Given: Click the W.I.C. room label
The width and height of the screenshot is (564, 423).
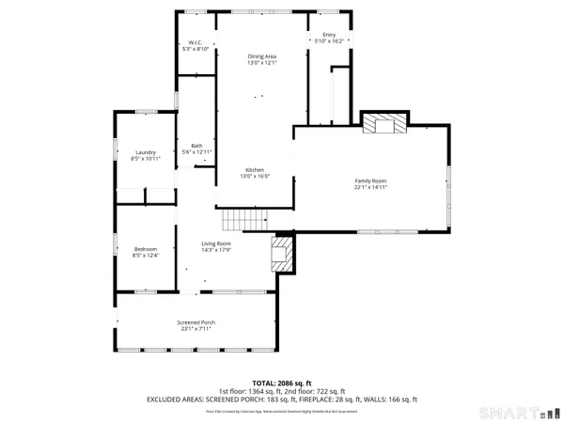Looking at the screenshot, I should (x=196, y=42).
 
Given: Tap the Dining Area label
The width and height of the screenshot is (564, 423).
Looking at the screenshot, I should (x=261, y=55).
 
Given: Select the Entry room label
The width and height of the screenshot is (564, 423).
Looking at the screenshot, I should (x=328, y=35).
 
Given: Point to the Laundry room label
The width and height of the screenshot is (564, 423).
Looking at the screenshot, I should (x=145, y=152).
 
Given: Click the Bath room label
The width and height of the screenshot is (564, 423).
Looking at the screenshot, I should (x=196, y=145).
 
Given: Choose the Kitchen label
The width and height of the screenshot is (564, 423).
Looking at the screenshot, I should (x=256, y=169).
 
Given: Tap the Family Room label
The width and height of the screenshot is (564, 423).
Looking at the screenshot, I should (x=370, y=180).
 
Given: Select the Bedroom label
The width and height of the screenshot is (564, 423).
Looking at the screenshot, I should (x=145, y=248).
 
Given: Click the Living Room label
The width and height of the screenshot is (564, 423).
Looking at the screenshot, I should (x=216, y=243).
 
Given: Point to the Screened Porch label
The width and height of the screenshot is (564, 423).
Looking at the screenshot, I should (x=196, y=322).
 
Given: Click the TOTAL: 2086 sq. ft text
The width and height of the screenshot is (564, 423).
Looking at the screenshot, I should (x=282, y=384).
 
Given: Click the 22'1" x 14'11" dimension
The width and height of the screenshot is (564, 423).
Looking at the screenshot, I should (x=370, y=187).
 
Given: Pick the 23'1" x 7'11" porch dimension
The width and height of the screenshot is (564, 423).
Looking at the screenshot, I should (x=196, y=329).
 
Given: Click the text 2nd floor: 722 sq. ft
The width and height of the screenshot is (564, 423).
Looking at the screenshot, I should (x=314, y=391).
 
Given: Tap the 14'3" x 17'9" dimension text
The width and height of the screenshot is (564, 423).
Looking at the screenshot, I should (x=216, y=250).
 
